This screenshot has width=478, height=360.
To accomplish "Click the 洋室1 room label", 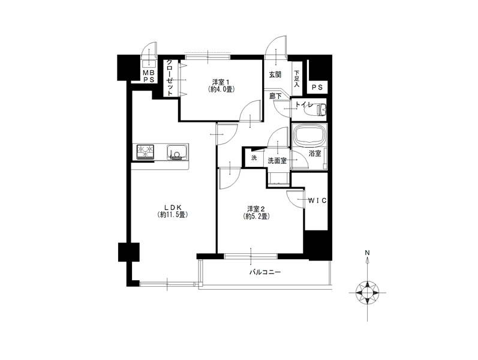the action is [x=221, y=82].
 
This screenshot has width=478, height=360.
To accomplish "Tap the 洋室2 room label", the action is [x=256, y=209].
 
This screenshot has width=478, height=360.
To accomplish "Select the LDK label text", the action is [x=172, y=208].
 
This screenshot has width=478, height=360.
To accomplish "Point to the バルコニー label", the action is [x=265, y=272].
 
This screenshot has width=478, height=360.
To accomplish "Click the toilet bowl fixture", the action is [x=319, y=109].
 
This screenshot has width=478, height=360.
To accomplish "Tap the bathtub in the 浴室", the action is [x=309, y=136].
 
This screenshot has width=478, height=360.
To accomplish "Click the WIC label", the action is [x=317, y=201].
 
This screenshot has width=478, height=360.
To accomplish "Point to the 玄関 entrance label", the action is [x=275, y=74].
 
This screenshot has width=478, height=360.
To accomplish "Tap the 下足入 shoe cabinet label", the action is [x=297, y=79].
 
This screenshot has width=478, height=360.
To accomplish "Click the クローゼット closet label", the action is [x=170, y=78].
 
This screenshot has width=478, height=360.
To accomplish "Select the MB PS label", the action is [x=149, y=76].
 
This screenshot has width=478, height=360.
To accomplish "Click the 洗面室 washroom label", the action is [x=277, y=161].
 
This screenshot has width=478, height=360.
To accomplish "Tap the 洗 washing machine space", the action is [x=254, y=158].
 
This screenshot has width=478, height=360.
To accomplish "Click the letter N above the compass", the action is [x=367, y=253].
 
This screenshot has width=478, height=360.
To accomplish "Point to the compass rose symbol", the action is [x=368, y=293].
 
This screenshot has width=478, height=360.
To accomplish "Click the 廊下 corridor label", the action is [x=275, y=96].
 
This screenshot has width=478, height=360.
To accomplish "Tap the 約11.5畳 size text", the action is [x=172, y=215].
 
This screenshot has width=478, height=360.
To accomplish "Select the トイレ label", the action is [x=303, y=105].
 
